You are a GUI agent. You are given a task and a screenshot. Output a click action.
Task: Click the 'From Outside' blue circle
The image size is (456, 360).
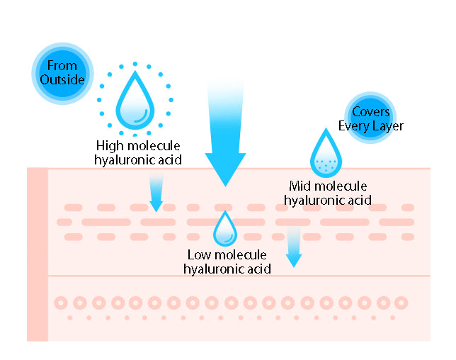63,74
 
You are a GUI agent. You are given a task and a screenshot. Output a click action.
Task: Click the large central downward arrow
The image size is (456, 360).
225,135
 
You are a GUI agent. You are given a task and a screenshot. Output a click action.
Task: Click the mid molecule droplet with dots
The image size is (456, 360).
326,155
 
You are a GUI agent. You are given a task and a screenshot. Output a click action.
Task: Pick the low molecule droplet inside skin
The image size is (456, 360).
225,227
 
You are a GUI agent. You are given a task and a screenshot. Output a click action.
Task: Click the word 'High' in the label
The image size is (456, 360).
111,145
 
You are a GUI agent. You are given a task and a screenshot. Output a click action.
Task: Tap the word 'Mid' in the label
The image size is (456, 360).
301,186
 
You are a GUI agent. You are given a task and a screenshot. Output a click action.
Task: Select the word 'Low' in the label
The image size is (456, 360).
200,254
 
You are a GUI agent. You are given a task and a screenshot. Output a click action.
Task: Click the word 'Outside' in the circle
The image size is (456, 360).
63,80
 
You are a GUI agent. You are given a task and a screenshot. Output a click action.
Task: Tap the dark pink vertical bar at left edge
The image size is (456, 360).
37,255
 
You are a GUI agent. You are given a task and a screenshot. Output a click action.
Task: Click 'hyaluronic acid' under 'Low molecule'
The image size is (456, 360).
227,269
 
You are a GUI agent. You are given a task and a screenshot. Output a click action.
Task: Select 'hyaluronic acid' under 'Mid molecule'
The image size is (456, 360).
327,200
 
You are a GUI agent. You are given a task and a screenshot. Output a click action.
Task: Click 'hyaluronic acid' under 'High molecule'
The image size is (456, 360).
138,159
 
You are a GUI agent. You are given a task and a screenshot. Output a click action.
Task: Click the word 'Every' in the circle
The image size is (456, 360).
354,126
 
